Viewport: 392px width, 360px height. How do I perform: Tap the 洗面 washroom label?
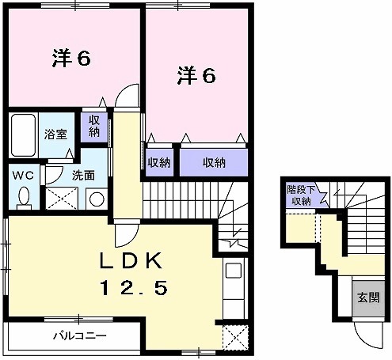[x=84, y=176]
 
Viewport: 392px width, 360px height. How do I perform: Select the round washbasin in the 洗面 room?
[x=96, y=199]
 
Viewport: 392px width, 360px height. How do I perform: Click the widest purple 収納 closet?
[x=212, y=162]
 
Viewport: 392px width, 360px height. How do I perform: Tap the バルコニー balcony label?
[x=79, y=335]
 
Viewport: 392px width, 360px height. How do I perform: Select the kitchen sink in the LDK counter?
[x=233, y=271]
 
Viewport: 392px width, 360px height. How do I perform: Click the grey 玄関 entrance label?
[x=366, y=298]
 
